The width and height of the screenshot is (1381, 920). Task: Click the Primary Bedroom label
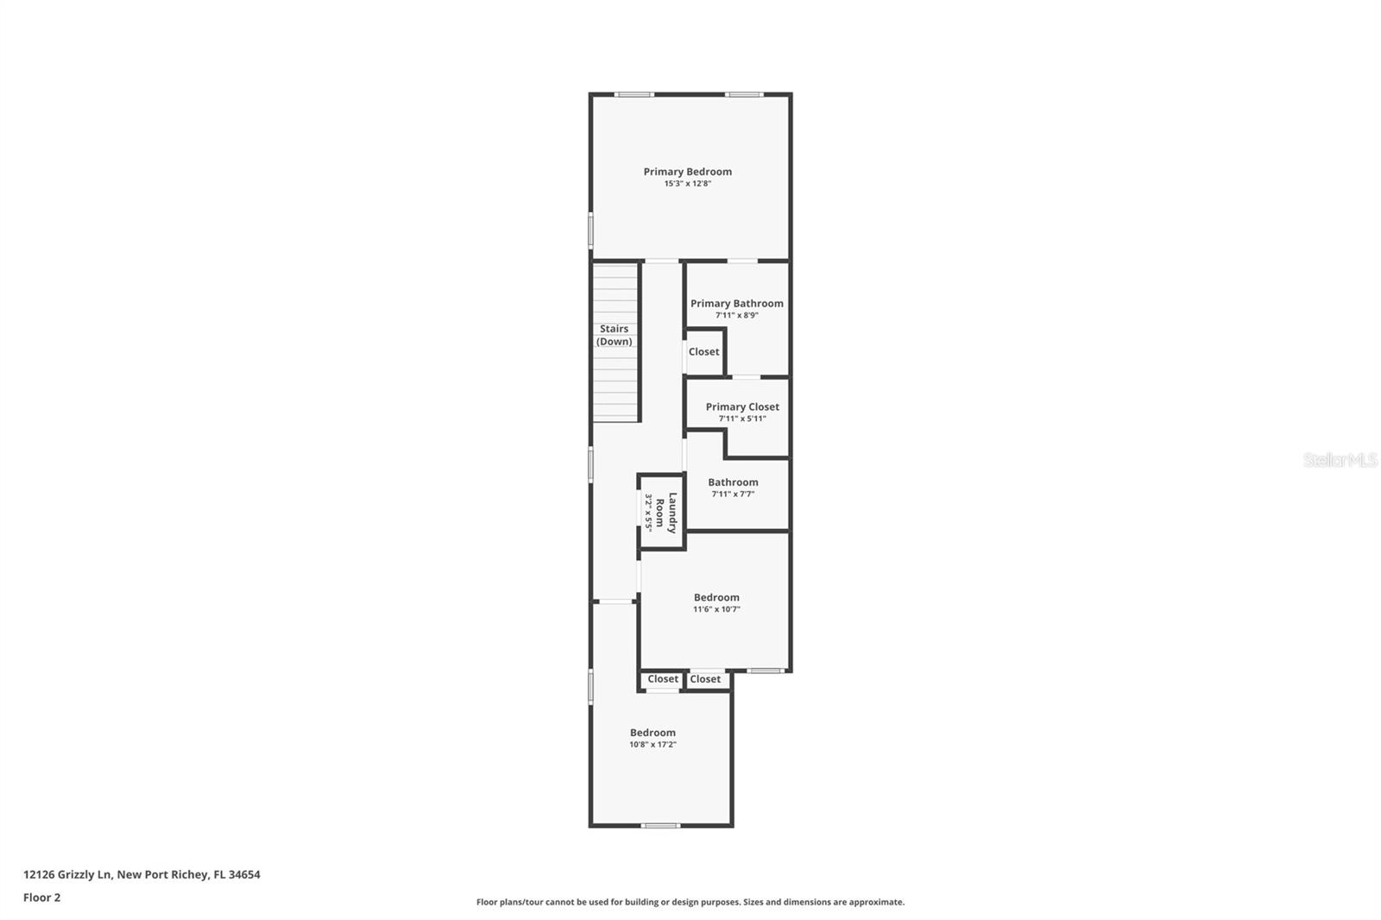click(x=687, y=172)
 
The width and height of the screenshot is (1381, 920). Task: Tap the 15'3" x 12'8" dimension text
click(x=687, y=184)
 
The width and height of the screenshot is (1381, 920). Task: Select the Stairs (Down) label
click(x=615, y=335)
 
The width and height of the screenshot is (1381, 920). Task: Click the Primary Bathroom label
click(x=736, y=303)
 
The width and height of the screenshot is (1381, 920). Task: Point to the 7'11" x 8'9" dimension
click(x=736, y=316)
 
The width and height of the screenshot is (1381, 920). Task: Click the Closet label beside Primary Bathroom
click(x=703, y=351)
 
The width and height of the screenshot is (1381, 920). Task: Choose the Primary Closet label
click(x=741, y=406)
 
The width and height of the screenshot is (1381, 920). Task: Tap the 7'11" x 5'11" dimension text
click(x=741, y=419)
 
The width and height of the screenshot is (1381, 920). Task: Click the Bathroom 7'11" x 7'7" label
click(x=733, y=482)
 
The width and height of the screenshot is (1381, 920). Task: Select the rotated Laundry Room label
click(x=665, y=513)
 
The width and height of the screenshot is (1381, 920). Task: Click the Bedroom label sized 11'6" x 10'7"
click(x=716, y=597)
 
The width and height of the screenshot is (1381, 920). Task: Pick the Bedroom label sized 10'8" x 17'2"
click(x=653, y=733)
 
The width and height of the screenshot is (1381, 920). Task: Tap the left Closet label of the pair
click(x=663, y=679)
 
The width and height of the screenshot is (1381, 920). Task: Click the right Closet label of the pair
click(x=705, y=679)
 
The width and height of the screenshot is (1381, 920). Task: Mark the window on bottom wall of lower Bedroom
click(x=660, y=826)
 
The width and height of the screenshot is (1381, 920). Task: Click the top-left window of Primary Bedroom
click(x=634, y=94)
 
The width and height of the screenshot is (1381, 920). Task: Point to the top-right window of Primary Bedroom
click(x=743, y=94)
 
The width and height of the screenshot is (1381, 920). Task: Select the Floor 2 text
click(x=41, y=898)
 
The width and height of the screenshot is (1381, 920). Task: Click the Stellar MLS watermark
click(x=1340, y=460)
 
